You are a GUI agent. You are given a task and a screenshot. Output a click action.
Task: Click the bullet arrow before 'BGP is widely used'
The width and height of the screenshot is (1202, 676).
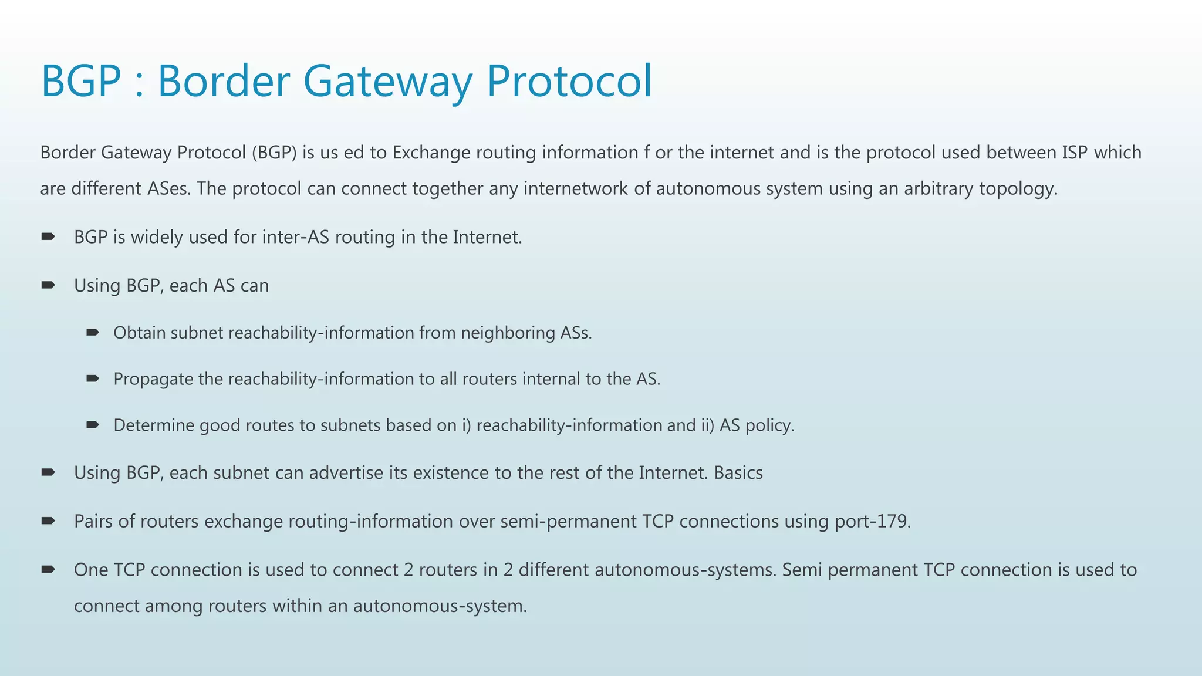tap(48, 236)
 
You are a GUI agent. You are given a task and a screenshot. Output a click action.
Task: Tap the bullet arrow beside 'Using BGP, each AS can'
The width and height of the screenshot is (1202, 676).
tap(48, 285)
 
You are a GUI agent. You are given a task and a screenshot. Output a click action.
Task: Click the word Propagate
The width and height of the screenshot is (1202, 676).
tap(153, 379)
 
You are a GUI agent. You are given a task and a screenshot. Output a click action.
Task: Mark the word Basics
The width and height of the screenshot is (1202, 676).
tap(738, 473)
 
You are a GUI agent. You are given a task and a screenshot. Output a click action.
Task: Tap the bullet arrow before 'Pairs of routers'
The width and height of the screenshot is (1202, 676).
tap(48, 520)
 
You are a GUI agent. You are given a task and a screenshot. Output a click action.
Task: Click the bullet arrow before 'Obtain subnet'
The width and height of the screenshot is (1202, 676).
tap(93, 333)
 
